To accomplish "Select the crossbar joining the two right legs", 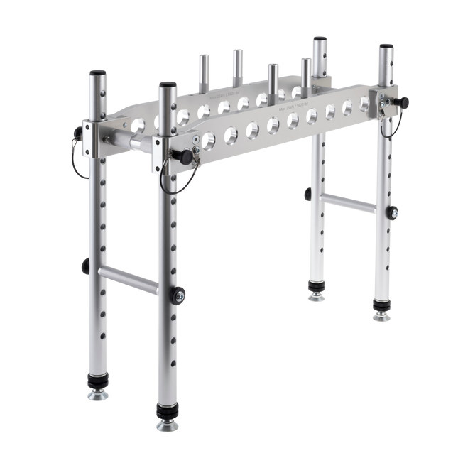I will click(x=348, y=202).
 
